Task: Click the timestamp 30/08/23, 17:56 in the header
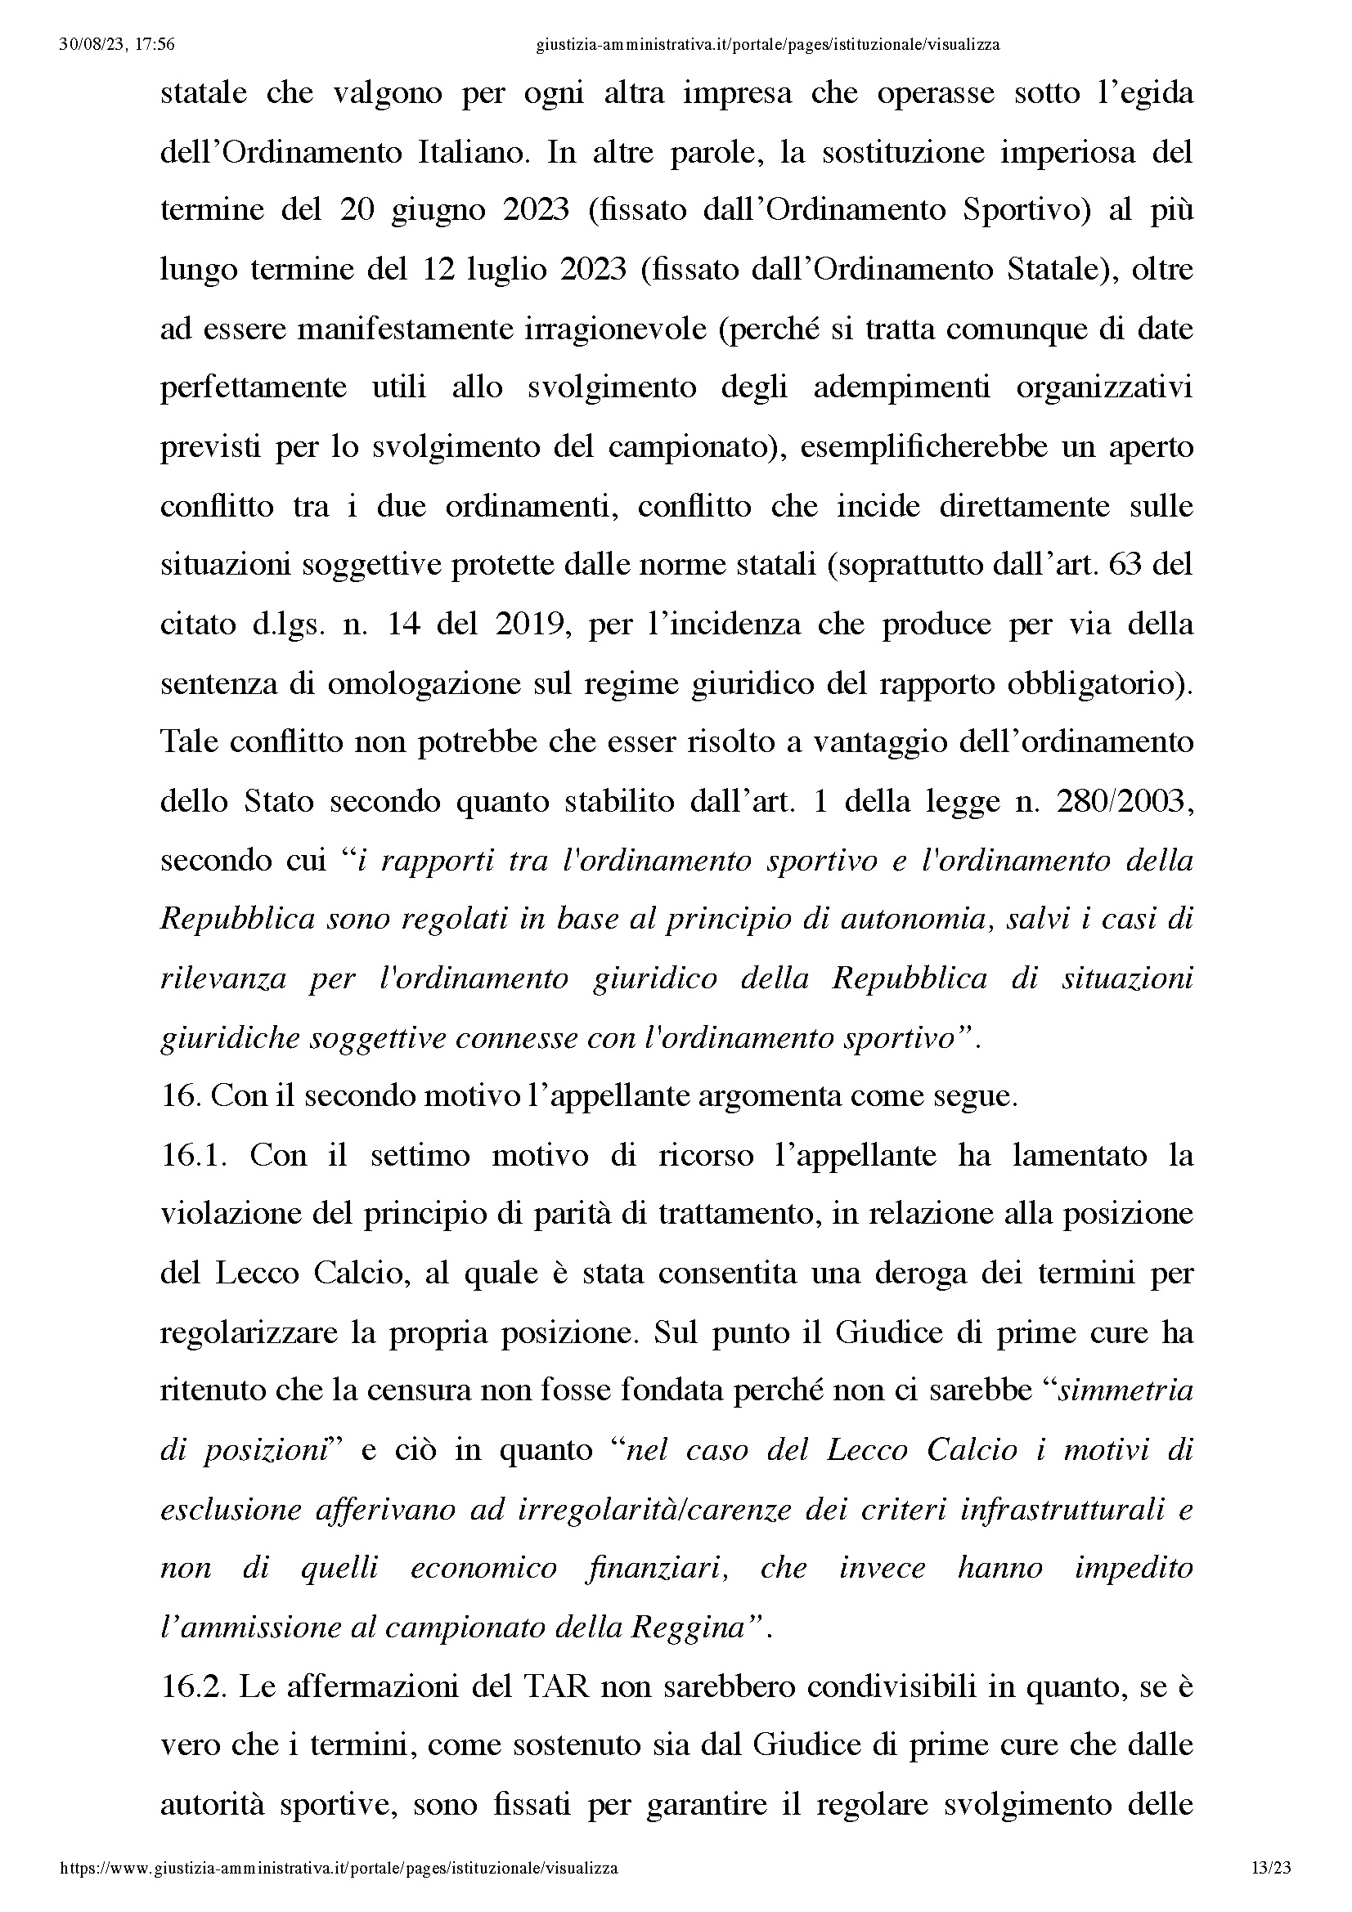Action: (118, 45)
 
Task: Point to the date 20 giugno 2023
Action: (454, 210)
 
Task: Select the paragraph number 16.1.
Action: (193, 1156)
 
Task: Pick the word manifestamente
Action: (405, 329)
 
